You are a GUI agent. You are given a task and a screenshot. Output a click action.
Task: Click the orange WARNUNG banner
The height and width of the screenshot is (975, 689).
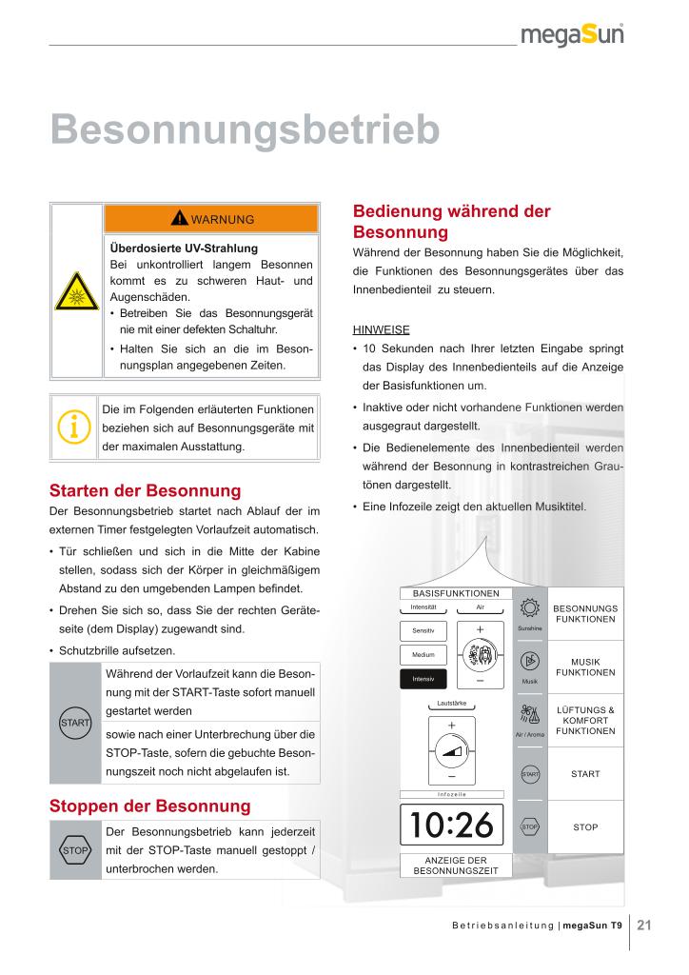[211, 219]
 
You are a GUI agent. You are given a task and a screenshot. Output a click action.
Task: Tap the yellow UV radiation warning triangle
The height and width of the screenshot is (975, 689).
[77, 288]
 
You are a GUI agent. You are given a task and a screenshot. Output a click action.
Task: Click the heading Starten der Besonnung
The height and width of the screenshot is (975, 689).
[145, 491]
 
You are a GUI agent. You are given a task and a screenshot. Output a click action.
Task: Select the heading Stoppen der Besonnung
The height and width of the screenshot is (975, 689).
[149, 806]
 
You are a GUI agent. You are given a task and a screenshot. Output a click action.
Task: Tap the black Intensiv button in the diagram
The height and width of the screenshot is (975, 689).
[423, 680]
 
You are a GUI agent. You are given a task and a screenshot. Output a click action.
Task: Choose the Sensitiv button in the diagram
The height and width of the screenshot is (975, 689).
[423, 631]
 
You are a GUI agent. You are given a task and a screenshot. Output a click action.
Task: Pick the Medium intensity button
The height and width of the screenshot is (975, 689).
[423, 655]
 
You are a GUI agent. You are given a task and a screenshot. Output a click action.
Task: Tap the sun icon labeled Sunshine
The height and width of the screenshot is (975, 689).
[530, 609]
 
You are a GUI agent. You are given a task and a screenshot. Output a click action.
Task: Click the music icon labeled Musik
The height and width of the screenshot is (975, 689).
[530, 663]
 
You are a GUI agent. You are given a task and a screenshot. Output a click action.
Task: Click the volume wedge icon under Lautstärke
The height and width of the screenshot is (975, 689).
[453, 750]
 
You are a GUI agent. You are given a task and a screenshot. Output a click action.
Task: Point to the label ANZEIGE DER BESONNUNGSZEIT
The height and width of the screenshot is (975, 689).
[456, 865]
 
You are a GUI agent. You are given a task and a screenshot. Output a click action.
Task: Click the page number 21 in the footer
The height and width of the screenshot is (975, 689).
[644, 925]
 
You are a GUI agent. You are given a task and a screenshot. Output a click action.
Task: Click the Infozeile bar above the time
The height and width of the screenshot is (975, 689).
[452, 793]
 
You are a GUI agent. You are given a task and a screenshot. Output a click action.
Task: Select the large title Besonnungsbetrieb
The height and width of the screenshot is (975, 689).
[245, 129]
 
